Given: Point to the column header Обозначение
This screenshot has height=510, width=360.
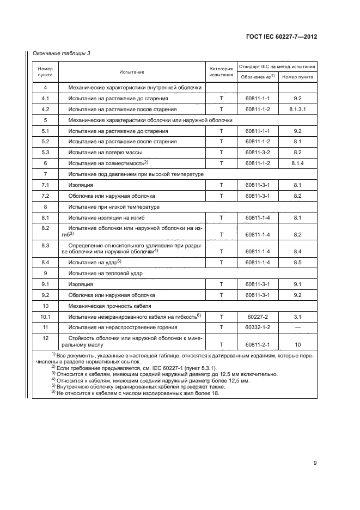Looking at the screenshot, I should [x=258, y=77].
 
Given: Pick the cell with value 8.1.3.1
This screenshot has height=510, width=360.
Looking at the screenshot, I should [x=297, y=109].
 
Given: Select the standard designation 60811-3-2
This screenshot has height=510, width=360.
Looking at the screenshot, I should [x=258, y=153].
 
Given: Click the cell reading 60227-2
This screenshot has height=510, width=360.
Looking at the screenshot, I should [x=258, y=316].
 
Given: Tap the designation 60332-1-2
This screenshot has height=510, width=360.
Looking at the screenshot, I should [x=258, y=327].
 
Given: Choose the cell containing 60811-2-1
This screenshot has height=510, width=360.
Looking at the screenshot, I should [x=258, y=344].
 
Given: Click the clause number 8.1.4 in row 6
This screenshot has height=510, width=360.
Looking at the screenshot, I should [x=297, y=163].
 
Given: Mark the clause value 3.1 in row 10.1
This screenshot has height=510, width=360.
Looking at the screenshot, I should [x=297, y=316].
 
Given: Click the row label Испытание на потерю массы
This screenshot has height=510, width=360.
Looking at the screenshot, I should [x=101, y=153].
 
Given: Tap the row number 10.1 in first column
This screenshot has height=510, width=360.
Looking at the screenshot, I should [x=45, y=316].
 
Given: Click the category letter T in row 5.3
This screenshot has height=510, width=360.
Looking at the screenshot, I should [x=221, y=153].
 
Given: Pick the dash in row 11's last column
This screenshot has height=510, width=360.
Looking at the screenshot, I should [x=297, y=327].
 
